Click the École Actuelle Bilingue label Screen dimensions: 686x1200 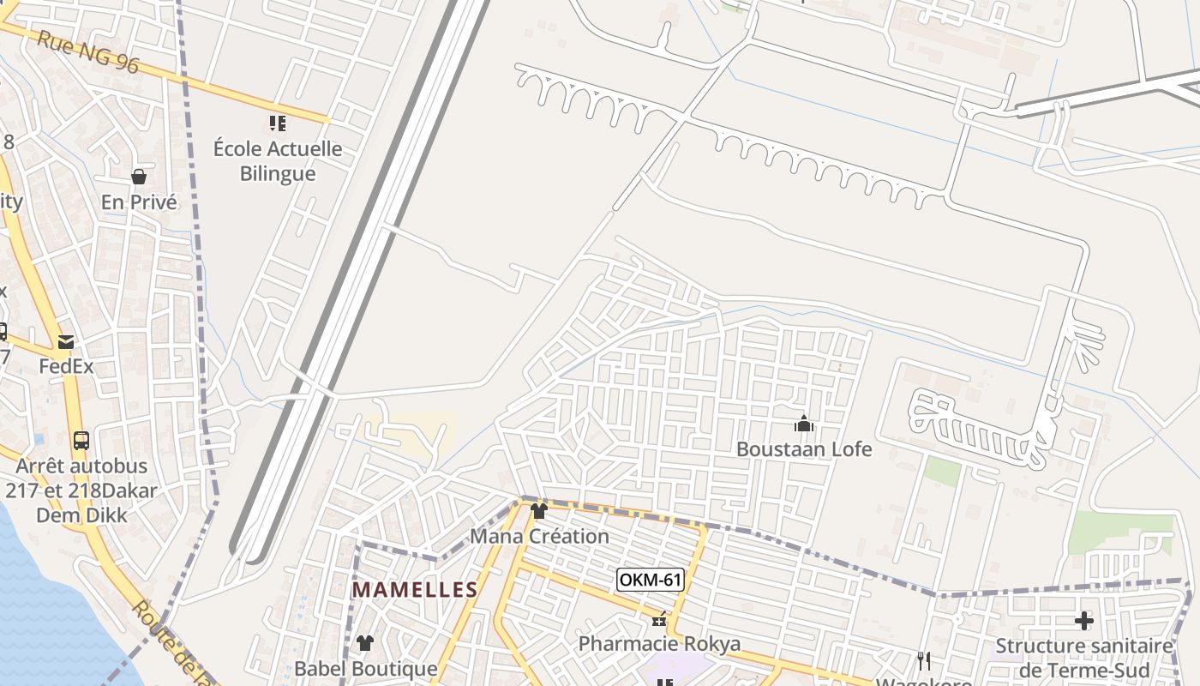click(x=278, y=161)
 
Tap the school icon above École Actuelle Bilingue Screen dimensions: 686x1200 click(x=278, y=123)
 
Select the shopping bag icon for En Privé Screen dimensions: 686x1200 click(x=138, y=177)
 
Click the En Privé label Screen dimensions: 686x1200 click(x=139, y=202)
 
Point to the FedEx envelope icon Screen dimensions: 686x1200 click(x=66, y=342)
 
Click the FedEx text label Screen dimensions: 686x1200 click(x=66, y=366)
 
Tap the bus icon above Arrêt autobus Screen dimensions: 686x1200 click(x=81, y=441)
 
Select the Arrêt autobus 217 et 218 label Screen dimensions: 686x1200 click(x=81, y=490)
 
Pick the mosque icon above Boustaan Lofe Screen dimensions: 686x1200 click(x=804, y=424)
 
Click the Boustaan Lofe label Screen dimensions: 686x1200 click(x=804, y=448)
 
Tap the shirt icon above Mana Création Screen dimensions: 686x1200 click(x=539, y=512)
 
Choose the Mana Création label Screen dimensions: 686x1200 click(x=539, y=536)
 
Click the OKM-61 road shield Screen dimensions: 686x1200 click(x=650, y=580)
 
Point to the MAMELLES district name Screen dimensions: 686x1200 click(x=415, y=590)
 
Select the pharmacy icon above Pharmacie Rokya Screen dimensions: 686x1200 click(x=659, y=620)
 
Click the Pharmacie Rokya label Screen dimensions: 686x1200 click(x=659, y=643)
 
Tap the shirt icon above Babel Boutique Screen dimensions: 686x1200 click(x=365, y=643)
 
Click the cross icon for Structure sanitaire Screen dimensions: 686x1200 click(x=1084, y=620)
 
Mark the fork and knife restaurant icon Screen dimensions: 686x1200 click(x=924, y=660)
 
